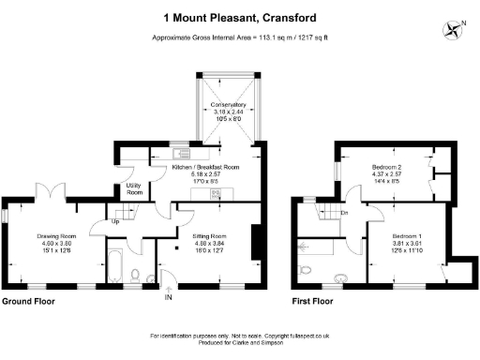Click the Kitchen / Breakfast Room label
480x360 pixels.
click(206, 167)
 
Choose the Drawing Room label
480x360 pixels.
click(54, 235)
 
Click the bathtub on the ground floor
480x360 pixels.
click(111, 264)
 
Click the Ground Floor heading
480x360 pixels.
click(28, 302)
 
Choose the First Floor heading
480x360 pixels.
click(314, 302)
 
